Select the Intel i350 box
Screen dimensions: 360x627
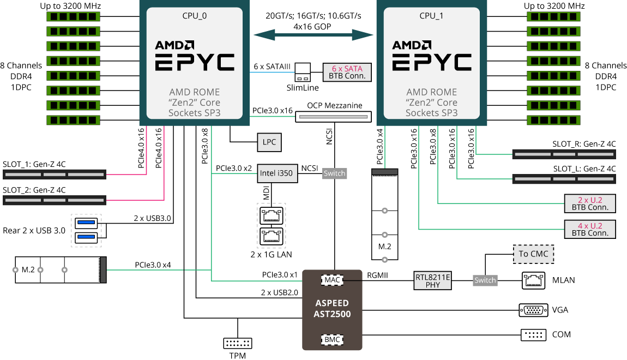pos(276,174)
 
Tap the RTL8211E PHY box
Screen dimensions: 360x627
pos(433,280)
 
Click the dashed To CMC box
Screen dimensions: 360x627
pos(533,254)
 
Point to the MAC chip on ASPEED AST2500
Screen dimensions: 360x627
pos(332,280)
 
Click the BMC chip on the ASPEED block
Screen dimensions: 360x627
pos(332,339)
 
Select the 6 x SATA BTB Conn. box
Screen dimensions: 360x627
pos(347,72)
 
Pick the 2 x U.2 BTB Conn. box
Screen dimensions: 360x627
pos(590,203)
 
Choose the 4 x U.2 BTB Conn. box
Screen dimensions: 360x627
pos(590,229)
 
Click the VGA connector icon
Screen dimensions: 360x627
pos(533,310)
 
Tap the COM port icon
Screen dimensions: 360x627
pos(533,334)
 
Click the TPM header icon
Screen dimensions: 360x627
pos(238,344)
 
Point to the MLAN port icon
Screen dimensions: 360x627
pos(533,280)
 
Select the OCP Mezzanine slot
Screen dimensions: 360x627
pos(333,116)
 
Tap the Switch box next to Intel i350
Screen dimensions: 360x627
pos(334,173)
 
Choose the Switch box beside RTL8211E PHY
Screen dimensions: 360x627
pos(485,280)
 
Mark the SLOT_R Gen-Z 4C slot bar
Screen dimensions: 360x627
pos(564,154)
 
